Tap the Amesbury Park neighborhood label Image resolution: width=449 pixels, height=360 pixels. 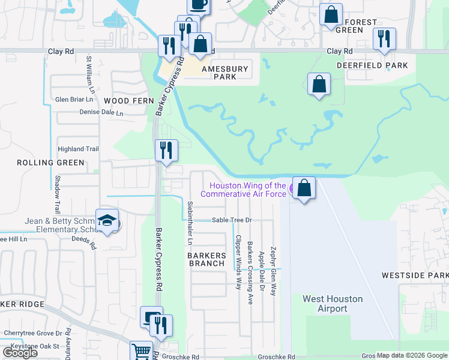[x=225, y=73]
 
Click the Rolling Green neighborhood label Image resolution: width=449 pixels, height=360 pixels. [x=50, y=163]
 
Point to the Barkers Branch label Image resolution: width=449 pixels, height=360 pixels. [x=207, y=259]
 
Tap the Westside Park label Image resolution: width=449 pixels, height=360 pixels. [x=415, y=275]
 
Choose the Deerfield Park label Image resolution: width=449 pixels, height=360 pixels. [x=372, y=65]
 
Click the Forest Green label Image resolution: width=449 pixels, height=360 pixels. [x=362, y=26]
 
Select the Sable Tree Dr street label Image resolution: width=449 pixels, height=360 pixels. [x=231, y=220]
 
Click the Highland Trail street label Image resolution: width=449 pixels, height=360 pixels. [x=77, y=149]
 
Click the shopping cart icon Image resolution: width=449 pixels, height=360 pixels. [x=142, y=350]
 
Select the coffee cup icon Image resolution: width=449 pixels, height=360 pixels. [x=198, y=5]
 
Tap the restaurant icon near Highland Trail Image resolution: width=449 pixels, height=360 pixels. [x=166, y=149]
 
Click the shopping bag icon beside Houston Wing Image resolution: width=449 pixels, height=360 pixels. [x=304, y=188]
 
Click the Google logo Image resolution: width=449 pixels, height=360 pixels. [x=20, y=353]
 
